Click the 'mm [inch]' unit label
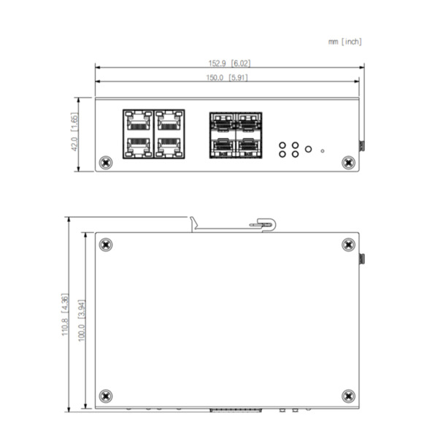point(345,42)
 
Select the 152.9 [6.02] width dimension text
point(229,64)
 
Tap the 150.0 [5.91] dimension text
point(229,77)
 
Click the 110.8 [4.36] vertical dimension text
point(66,316)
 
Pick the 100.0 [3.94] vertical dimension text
point(82,320)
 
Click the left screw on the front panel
point(107,162)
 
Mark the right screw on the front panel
point(346,162)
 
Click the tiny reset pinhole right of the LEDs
point(323,151)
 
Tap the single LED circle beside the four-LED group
point(308,149)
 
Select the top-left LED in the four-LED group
point(282,145)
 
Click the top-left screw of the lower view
point(106,245)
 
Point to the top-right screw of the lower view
point(347,245)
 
